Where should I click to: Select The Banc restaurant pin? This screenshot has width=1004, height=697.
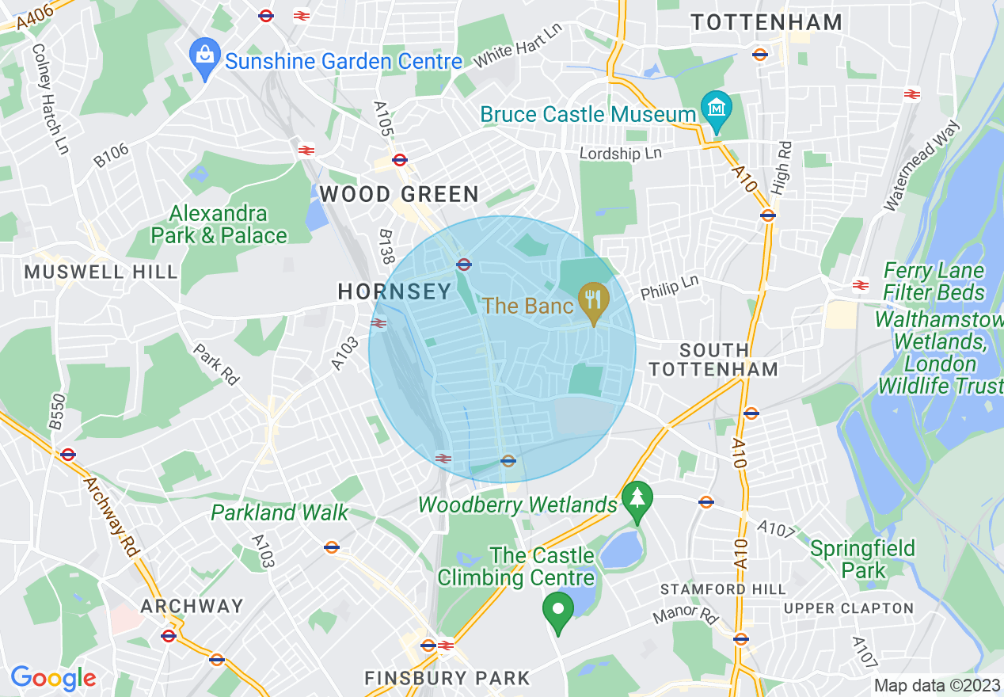[x=592, y=302]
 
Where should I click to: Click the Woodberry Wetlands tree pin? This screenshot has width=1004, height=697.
[x=637, y=501]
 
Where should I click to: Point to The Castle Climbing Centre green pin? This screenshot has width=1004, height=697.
[x=558, y=611]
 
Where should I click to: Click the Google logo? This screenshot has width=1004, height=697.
[x=53, y=678]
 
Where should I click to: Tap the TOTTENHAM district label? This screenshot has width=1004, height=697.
[x=766, y=22]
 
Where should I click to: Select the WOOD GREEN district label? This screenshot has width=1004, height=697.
[x=399, y=194]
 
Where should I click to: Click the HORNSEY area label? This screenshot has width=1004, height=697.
[x=394, y=291]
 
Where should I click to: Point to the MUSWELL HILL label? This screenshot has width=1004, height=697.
[x=101, y=272]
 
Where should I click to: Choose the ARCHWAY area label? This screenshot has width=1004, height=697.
[x=192, y=606]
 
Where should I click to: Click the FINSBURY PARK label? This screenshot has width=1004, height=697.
[x=447, y=678]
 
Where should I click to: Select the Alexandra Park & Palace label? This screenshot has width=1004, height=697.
[x=219, y=225]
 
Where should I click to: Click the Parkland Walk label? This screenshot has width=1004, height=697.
[x=280, y=512]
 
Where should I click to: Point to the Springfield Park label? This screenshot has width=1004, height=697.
[x=862, y=559]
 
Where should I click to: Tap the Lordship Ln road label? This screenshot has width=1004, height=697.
[x=620, y=152]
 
